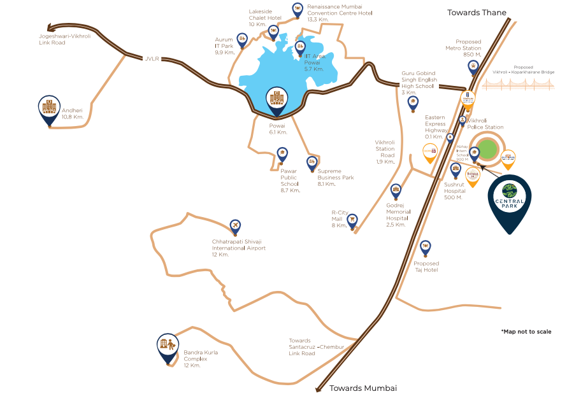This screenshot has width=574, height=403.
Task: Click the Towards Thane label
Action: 477,12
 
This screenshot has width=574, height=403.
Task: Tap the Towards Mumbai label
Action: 362,388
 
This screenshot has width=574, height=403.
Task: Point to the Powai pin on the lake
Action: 276,100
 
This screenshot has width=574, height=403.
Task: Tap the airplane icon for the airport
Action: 236,226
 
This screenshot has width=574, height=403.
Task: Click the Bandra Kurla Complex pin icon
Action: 168,347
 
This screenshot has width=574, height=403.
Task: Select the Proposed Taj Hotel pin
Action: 425,246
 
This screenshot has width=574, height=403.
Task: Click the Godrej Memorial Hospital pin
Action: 396,190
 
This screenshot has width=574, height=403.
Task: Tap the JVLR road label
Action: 151,59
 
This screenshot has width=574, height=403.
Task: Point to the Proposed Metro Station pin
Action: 473,66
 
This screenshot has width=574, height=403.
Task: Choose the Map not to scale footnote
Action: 526,332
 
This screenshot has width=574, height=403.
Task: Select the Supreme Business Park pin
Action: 312,162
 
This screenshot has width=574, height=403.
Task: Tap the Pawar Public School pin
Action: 282,153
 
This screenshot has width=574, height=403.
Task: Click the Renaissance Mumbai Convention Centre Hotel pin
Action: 298,9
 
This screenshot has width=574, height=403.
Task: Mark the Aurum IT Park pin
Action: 242,39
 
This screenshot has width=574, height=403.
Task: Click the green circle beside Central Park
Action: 487,150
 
